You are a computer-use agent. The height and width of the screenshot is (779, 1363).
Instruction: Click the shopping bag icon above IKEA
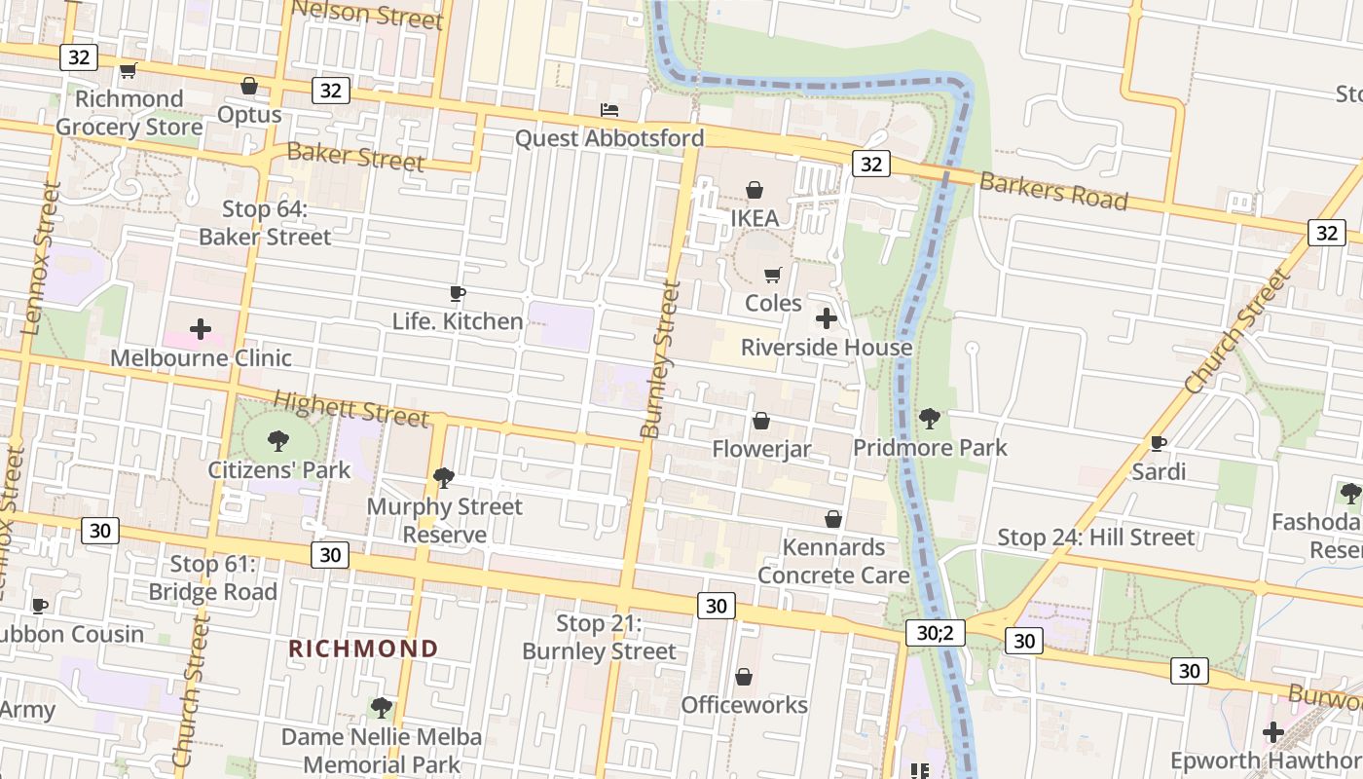click(755, 189)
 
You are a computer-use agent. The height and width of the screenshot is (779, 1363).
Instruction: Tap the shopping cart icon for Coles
click(773, 276)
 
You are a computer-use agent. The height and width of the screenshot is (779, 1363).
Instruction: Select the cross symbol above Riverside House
click(827, 318)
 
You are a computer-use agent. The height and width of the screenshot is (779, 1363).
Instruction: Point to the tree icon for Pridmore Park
click(930, 419)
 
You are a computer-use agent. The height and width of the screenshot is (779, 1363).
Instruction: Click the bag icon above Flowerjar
click(761, 421)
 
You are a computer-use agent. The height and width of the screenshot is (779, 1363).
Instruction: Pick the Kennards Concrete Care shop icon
click(833, 519)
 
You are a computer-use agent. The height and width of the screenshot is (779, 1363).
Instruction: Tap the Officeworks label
click(744, 705)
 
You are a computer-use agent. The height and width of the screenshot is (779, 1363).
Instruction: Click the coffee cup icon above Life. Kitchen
click(458, 293)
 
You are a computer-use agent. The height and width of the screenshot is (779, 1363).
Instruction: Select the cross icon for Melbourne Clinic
click(201, 329)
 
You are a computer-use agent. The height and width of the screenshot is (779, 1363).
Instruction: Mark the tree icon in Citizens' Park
click(278, 441)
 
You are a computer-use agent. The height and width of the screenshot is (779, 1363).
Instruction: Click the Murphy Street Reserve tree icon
click(444, 477)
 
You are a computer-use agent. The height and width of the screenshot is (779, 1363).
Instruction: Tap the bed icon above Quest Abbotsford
click(609, 109)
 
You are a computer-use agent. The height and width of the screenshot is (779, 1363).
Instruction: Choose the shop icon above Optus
click(249, 86)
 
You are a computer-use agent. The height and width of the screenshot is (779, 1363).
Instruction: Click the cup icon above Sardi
click(1159, 444)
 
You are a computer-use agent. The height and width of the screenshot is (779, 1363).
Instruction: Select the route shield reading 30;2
click(934, 633)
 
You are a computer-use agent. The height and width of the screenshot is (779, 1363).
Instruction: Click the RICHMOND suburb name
click(363, 649)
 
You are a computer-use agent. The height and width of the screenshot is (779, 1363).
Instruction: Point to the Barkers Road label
click(1053, 191)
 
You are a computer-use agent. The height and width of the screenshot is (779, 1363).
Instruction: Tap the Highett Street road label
click(350, 408)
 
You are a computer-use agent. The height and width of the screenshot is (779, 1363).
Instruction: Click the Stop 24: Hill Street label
click(1095, 538)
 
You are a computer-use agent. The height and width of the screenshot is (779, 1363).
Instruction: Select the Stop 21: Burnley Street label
click(599, 638)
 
